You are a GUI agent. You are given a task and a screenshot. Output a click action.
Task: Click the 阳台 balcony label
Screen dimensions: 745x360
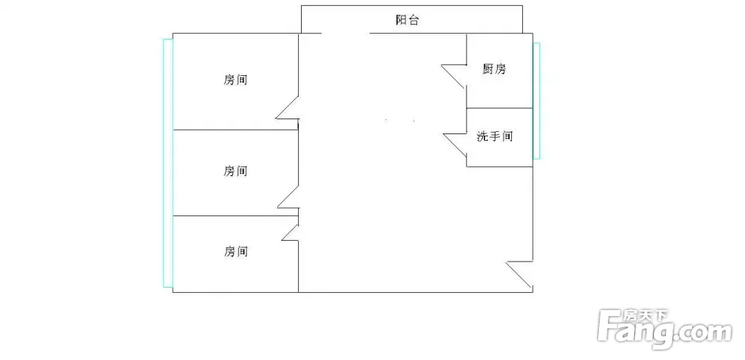click(x=408, y=20)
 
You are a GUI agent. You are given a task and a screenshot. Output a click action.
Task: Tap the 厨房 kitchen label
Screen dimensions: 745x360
click(x=494, y=69)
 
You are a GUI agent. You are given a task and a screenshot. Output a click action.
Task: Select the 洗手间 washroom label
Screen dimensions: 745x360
click(x=495, y=136)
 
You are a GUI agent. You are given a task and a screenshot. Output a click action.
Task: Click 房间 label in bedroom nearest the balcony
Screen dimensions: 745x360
click(x=235, y=80)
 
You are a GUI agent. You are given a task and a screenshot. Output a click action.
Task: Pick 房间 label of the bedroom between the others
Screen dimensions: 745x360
click(x=235, y=171)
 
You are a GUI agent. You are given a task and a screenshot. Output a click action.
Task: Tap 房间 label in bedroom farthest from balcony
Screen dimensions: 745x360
click(x=236, y=250)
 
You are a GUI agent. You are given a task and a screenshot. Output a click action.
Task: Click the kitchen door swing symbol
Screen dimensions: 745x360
click(x=454, y=76)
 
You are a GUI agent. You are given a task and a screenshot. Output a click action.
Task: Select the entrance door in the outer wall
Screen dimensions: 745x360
click(x=519, y=275)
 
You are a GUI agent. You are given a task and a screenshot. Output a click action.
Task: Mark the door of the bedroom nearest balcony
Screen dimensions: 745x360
click(x=288, y=107)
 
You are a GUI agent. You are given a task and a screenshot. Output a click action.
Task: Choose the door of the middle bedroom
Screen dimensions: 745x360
click(x=288, y=198)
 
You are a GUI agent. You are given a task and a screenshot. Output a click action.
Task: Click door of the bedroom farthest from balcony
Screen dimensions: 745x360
click(x=291, y=232)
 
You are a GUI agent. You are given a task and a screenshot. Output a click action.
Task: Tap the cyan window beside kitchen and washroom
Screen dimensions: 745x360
click(x=536, y=101)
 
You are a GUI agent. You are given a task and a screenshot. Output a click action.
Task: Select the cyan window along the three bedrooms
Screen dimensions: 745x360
click(x=168, y=163)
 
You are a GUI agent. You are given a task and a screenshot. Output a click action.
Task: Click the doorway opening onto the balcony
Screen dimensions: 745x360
click(x=346, y=34)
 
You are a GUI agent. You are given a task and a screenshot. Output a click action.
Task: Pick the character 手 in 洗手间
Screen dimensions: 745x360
click(x=495, y=136)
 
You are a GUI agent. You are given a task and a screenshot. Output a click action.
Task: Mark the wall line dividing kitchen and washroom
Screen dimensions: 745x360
click(x=500, y=108)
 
